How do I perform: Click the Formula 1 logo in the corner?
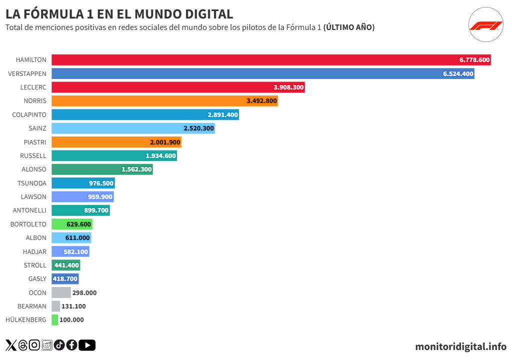point(485,26)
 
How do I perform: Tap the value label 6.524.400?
point(458,73)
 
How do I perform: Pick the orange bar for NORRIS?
point(164,101)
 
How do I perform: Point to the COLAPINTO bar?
point(145,114)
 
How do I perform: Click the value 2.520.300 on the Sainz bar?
point(198,128)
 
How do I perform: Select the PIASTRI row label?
point(35,142)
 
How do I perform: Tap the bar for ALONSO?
point(102,169)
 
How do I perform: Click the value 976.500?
point(101,183)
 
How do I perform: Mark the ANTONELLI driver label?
point(29,210)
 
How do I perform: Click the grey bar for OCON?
point(61,292)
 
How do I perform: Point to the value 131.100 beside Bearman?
point(73,306)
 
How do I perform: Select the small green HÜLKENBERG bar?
point(54,320)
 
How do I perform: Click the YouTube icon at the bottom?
point(87,345)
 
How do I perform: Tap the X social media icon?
point(11,345)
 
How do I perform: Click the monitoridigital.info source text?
point(460,346)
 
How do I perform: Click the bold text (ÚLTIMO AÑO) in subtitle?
point(349,27)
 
